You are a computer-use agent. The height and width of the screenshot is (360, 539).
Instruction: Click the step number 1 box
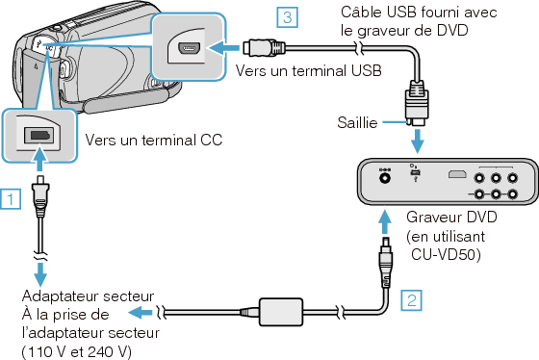click(10, 200)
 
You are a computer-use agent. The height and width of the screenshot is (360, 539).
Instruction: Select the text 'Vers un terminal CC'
click(154, 140)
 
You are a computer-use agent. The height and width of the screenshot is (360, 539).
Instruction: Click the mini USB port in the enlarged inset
click(188, 48)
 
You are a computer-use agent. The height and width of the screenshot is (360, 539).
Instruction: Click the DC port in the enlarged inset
click(39, 134)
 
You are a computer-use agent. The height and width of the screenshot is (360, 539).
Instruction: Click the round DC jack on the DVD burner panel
click(385, 175)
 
